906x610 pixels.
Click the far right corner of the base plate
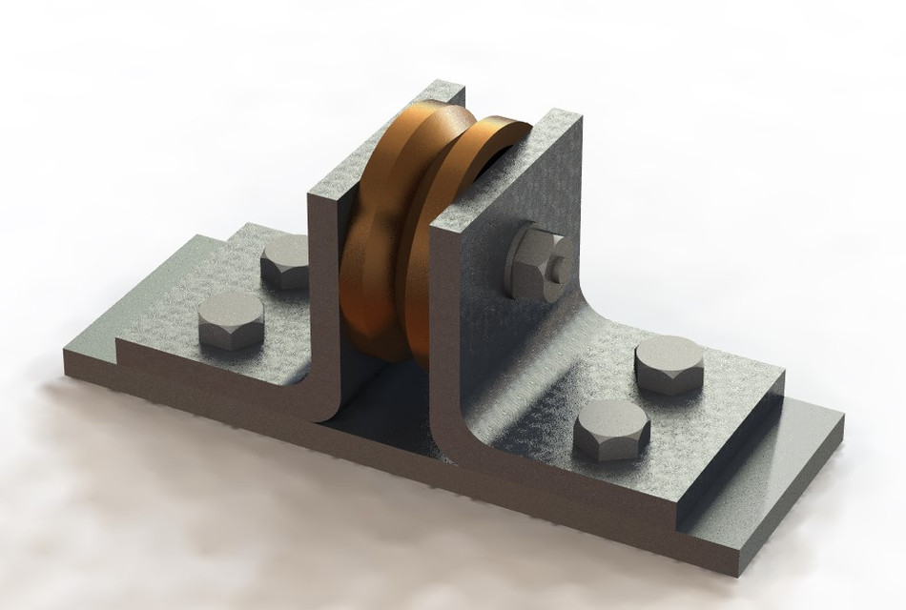(843, 417)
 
